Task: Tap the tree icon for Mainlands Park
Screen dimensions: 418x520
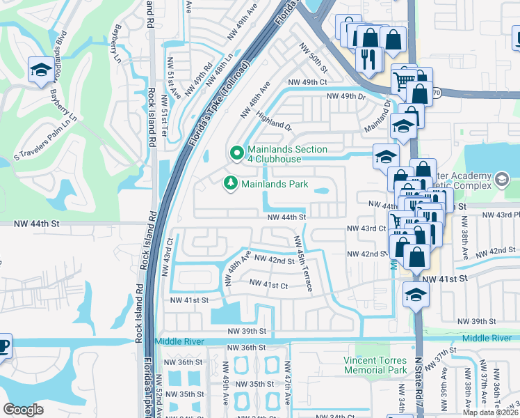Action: tap(230, 184)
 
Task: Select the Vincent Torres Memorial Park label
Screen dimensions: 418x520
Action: tap(375, 365)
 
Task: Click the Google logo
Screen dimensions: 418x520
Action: tap(24, 410)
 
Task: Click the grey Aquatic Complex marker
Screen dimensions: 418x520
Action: tap(500, 180)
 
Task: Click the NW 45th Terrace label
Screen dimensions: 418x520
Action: tap(303, 263)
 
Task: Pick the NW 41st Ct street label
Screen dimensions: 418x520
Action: tap(268, 286)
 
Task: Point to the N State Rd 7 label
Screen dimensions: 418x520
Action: tap(419, 382)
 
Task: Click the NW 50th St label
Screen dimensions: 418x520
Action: tap(313, 58)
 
